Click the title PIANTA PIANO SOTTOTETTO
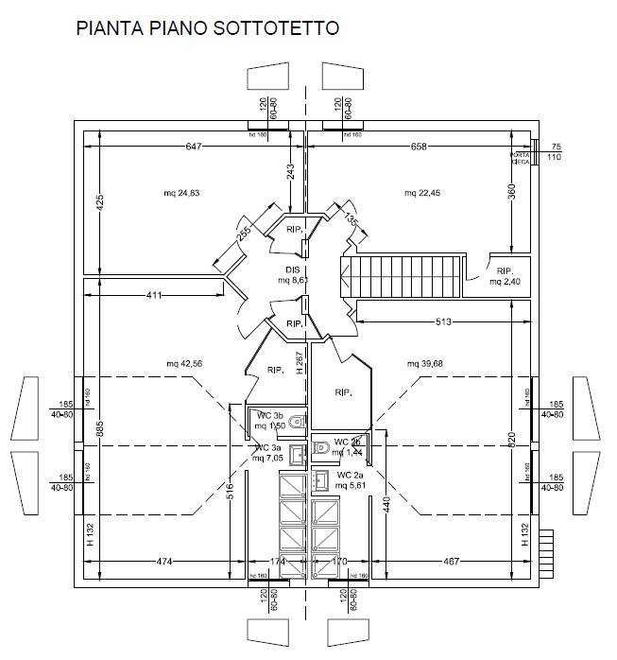(x=206, y=28)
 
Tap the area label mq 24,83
(x=181, y=193)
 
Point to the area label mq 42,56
(x=184, y=364)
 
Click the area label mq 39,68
(x=425, y=364)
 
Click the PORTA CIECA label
(x=520, y=158)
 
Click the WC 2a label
(x=351, y=474)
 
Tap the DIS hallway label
(x=292, y=269)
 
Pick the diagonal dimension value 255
(x=244, y=234)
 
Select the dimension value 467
(x=451, y=562)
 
